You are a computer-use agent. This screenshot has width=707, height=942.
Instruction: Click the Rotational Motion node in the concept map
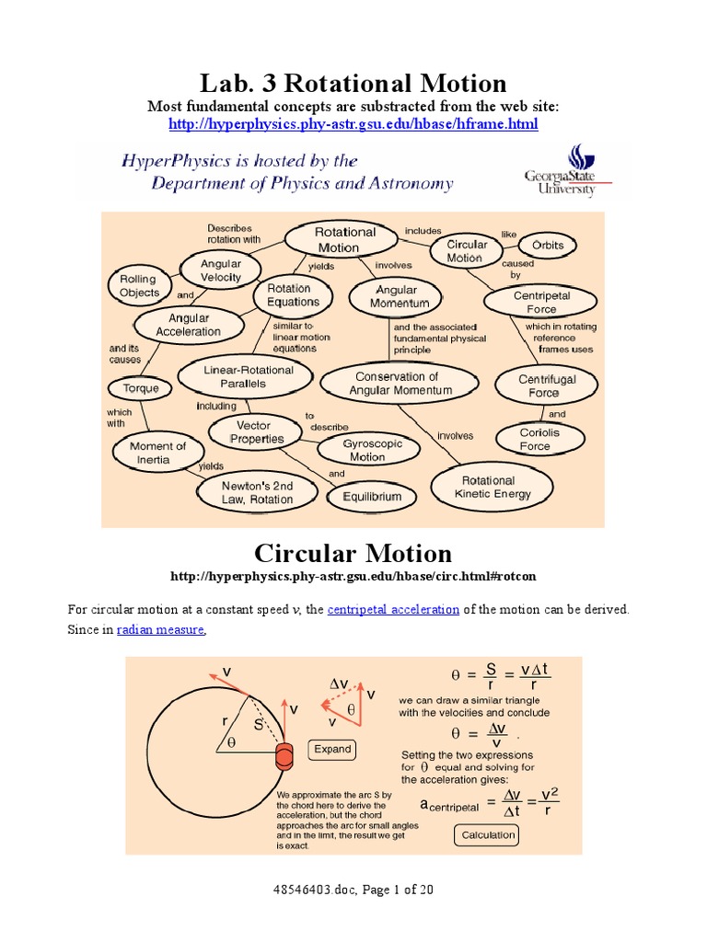(x=345, y=239)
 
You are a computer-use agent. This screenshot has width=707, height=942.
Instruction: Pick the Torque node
(x=141, y=388)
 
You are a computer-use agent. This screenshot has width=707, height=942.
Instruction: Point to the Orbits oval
(x=548, y=246)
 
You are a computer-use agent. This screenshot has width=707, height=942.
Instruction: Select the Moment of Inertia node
(x=157, y=453)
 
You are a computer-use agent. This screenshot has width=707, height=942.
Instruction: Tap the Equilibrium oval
(x=372, y=497)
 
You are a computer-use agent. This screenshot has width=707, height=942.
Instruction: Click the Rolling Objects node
(x=138, y=286)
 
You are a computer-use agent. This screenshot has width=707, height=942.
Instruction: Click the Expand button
(x=332, y=749)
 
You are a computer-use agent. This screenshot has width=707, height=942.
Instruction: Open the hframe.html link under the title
(x=353, y=123)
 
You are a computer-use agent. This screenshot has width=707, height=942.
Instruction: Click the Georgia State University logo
(x=560, y=171)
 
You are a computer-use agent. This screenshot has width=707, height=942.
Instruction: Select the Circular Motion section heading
(x=353, y=553)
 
